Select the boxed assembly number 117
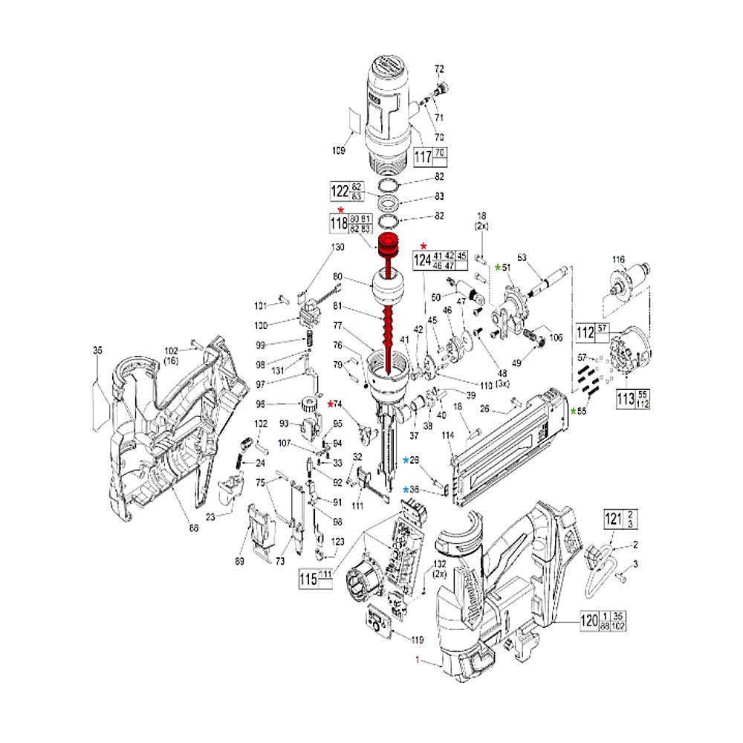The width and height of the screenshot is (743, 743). point(422,158)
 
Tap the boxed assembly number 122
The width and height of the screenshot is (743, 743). point(340,190)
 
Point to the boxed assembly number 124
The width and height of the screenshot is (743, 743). point(422,260)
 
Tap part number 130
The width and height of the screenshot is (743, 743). point(337,247)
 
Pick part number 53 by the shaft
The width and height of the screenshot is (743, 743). point(521,257)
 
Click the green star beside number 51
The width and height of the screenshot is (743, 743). point(498,267)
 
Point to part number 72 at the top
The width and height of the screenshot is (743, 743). point(438,68)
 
